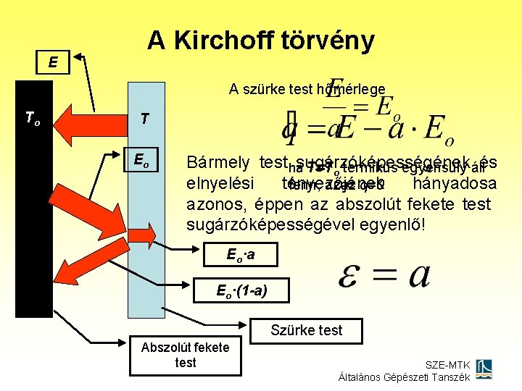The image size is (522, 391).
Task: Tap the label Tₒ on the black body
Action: (32, 117)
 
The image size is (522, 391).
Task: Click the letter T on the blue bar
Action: (145, 118)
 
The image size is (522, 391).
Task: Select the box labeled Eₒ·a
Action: (241, 256)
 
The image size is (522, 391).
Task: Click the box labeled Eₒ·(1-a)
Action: (242, 291)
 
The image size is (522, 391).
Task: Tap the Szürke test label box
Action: (306, 331)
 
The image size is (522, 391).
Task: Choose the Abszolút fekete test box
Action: (185, 355)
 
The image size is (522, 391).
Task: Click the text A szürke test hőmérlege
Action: (307, 90)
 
